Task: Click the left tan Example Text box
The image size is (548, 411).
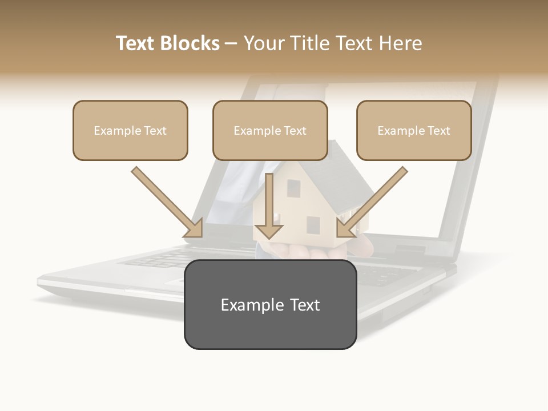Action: point(130,130)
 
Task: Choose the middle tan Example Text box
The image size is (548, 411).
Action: point(270,130)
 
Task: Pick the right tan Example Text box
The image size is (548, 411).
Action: point(414,130)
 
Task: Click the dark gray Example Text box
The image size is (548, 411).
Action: point(270,304)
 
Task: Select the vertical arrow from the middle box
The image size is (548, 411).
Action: point(269,205)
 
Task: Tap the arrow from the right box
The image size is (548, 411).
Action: point(372,202)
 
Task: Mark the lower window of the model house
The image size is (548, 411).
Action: point(313,225)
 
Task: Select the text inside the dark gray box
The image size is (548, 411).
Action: point(270,305)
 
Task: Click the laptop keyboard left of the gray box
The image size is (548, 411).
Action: point(154,260)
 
